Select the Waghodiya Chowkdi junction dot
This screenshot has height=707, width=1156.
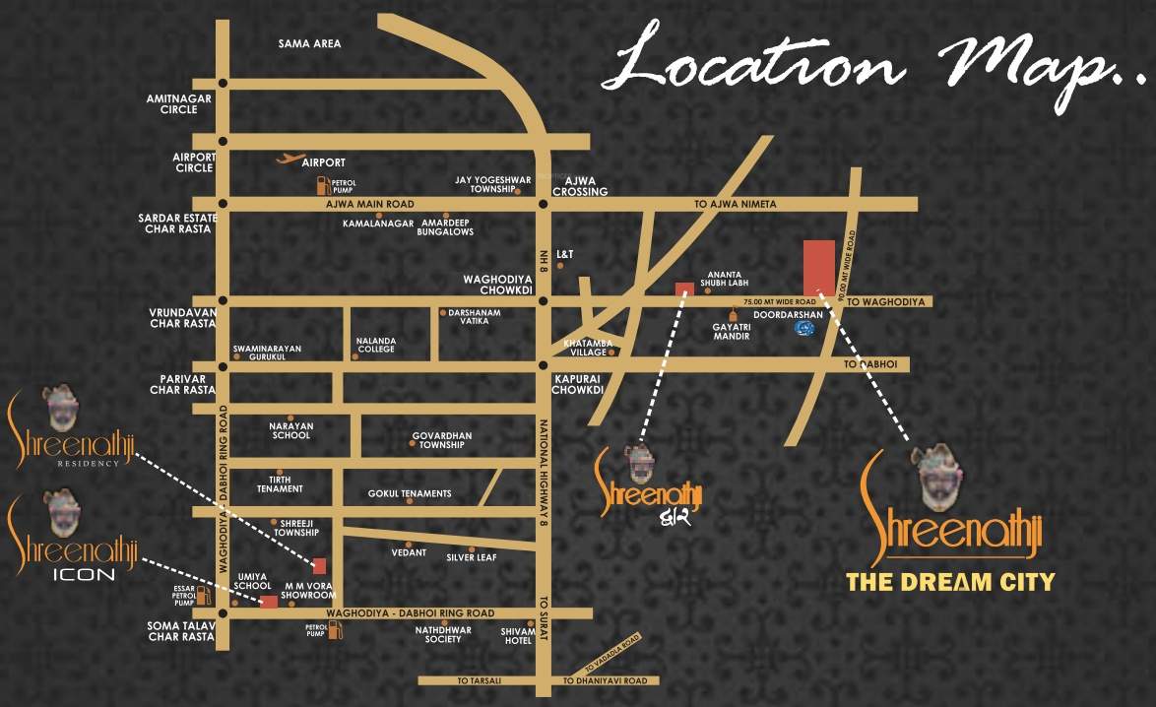click(543, 300)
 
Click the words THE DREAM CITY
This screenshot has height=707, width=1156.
click(950, 582)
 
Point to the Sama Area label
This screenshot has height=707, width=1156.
click(309, 43)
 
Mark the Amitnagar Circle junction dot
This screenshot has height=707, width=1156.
click(224, 84)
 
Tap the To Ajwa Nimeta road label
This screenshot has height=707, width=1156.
click(735, 204)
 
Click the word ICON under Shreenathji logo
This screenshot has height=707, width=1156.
click(83, 572)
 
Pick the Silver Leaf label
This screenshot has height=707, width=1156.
click(475, 556)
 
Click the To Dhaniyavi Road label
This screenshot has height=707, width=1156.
click(605, 680)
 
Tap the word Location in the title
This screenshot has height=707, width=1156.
click(753, 65)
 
